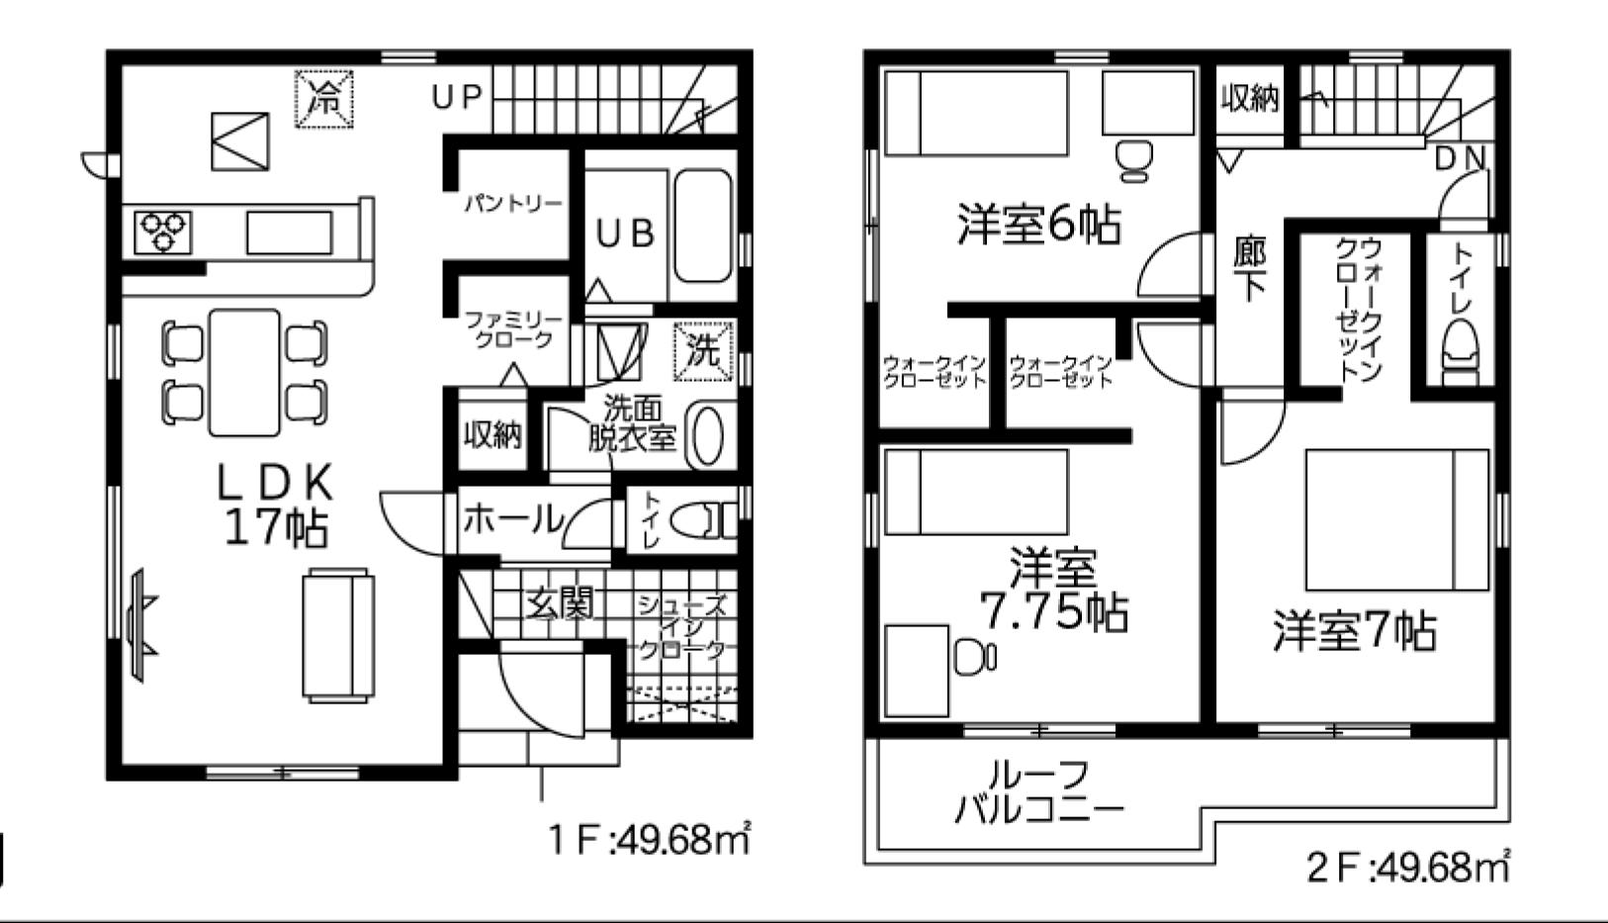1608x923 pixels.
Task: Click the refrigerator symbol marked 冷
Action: pos(324,99)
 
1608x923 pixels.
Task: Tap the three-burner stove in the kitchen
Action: pos(164,232)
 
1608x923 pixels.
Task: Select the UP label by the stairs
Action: pos(457,97)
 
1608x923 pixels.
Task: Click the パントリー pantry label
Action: pos(512,204)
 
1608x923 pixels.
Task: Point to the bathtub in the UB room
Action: pos(703,226)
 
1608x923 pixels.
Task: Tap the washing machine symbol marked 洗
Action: pos(703,351)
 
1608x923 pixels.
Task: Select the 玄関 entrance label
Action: pos(559,602)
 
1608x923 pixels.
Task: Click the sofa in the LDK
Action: pos(338,634)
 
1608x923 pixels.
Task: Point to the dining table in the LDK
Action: pos(244,372)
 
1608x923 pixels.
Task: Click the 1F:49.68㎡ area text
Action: pos(649,839)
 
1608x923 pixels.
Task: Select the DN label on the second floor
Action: pos(1460,158)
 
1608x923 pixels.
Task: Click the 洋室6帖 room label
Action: pos(1038,225)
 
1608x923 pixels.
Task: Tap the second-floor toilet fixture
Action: pos(1460,352)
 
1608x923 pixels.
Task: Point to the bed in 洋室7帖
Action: pos(1397,520)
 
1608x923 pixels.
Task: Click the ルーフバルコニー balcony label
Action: pos(1038,792)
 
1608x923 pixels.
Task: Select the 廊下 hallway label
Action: pos(1250,269)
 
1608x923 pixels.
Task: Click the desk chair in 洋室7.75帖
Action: pos(975,657)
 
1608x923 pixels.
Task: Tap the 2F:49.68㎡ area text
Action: pos(1407,867)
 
